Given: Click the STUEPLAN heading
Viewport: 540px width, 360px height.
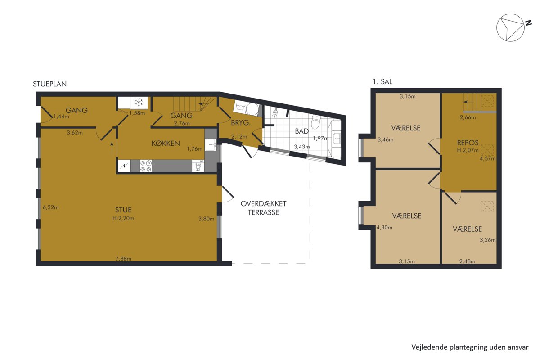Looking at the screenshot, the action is click(49, 84).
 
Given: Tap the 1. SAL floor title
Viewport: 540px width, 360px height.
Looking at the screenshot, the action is click(382, 82).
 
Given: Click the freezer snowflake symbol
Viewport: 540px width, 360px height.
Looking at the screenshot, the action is click(139, 103).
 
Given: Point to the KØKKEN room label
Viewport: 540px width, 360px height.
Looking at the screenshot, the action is click(166, 144).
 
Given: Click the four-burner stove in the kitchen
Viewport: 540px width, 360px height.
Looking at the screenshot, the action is click(146, 166).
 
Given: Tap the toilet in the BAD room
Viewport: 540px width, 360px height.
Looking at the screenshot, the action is click(315, 122).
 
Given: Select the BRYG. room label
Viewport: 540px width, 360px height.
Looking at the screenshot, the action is click(241, 123).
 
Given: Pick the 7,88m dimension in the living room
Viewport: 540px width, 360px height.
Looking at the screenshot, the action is click(123, 258).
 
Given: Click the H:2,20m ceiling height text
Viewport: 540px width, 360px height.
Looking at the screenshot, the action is click(123, 218).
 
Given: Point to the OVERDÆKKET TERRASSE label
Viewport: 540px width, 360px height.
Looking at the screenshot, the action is click(263, 208).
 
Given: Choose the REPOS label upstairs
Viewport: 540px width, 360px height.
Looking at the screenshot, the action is click(468, 143).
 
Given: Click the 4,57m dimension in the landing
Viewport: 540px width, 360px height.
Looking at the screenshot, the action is click(488, 158).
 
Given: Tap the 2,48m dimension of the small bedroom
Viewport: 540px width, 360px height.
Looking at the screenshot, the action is click(468, 261).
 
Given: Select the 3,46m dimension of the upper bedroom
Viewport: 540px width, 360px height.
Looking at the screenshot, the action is click(386, 139).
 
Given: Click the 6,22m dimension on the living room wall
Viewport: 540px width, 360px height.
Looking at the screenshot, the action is click(50, 207).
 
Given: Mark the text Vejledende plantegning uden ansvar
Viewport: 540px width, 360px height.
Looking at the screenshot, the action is click(470, 347).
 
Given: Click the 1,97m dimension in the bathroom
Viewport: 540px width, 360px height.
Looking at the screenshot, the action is click(321, 139).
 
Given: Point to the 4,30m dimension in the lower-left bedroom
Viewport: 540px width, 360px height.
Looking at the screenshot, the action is click(384, 227).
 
